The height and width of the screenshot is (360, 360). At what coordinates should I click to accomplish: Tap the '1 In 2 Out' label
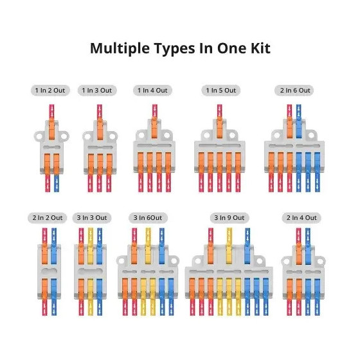(x=50, y=90)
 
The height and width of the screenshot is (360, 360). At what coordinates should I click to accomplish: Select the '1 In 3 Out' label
(x=97, y=90)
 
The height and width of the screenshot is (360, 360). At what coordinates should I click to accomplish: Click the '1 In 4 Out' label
(x=152, y=90)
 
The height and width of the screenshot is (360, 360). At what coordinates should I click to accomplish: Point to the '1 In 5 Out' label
(x=221, y=90)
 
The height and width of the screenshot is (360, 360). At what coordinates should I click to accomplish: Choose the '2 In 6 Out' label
(x=295, y=90)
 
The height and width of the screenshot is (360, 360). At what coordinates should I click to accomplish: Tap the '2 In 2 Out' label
(x=48, y=217)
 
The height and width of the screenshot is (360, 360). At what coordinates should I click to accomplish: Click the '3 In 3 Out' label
(x=92, y=217)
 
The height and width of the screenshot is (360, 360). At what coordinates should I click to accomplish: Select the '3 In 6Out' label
(x=148, y=217)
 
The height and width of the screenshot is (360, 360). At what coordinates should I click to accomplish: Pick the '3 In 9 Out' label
(x=230, y=217)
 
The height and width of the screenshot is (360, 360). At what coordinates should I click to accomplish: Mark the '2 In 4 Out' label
(x=301, y=217)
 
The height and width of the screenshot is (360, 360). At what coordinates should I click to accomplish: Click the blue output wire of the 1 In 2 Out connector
(x=57, y=184)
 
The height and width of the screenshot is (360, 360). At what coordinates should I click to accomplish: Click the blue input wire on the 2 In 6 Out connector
(x=299, y=112)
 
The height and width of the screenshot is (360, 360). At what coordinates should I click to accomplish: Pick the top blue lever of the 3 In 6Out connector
(x=161, y=254)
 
